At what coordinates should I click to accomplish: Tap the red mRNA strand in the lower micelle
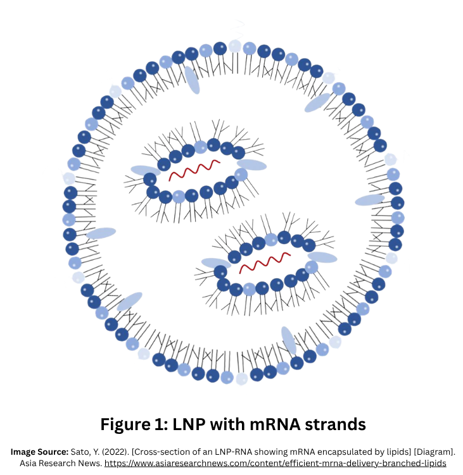[265, 262]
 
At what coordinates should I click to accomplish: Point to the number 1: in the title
[161, 424]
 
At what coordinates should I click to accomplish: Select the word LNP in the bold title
[189, 424]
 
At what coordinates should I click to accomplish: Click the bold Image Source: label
[39, 452]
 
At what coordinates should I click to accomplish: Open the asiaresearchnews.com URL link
[275, 464]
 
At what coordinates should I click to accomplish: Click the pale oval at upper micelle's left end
[145, 171]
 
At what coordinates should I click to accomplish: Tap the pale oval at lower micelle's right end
[322, 257]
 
